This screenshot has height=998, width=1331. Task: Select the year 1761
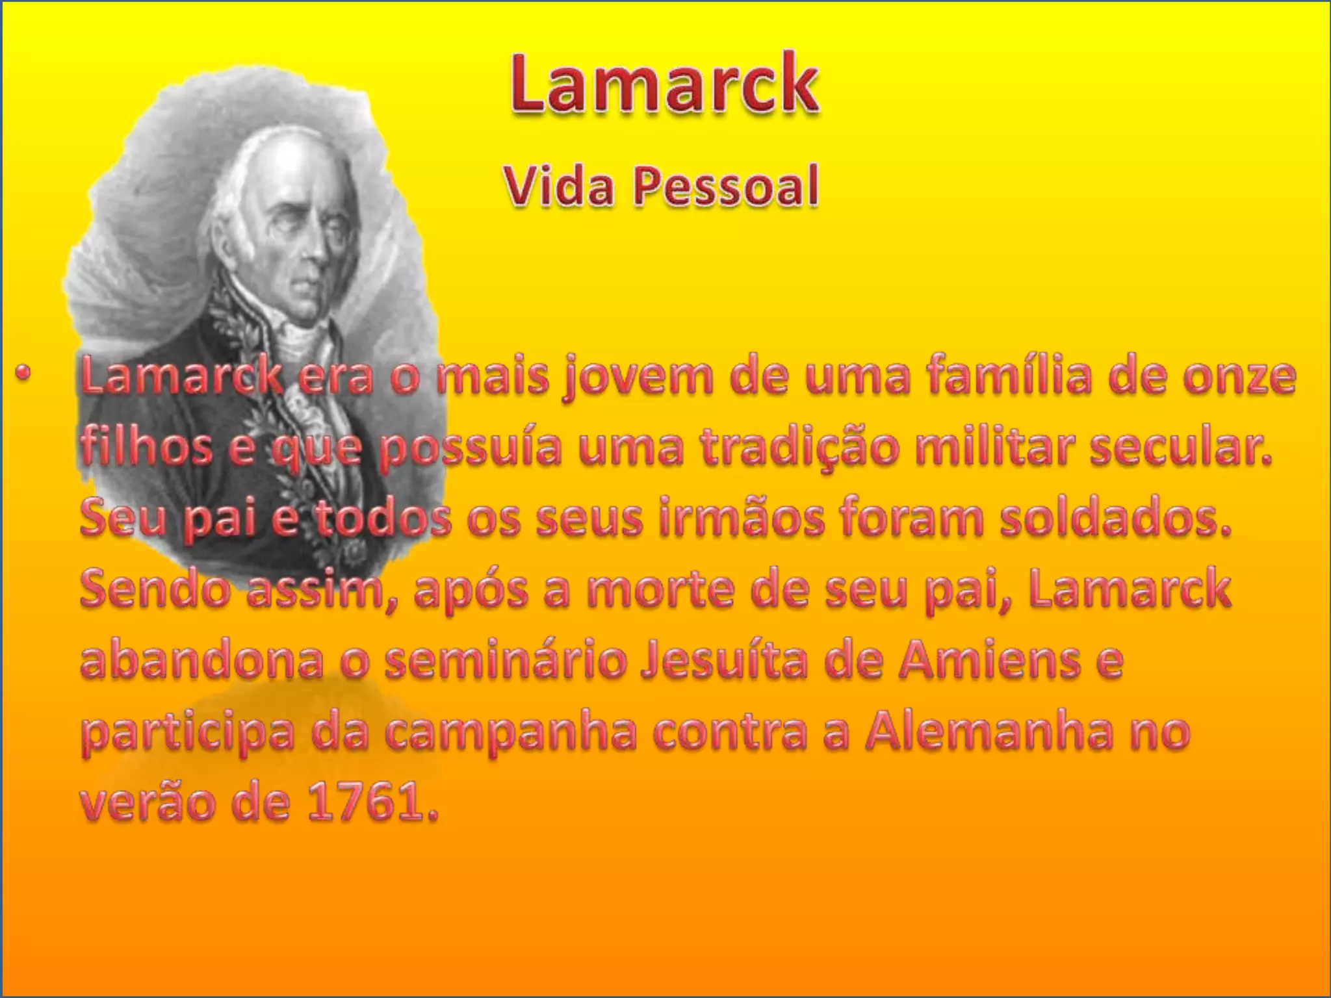pos(372,804)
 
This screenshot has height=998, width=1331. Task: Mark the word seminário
pos(506,661)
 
